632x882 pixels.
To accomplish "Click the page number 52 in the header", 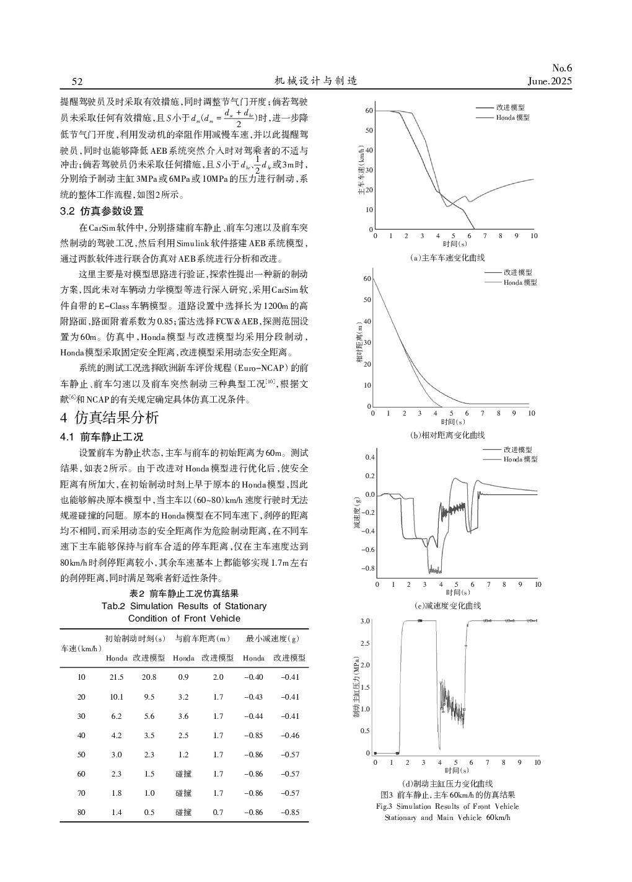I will [77, 81].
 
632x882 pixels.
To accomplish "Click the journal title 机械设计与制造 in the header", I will [316, 81].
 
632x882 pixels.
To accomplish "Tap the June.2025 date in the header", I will [550, 81].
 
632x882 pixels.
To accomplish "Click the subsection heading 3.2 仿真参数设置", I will [102, 211].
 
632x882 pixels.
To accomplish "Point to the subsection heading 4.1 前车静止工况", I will [102, 437].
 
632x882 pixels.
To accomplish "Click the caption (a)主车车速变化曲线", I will [449, 257].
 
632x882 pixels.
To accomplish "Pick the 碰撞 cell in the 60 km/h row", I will [183, 773].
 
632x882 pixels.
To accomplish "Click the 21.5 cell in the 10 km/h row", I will [116, 677].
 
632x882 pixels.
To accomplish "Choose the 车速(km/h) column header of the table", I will [81, 648].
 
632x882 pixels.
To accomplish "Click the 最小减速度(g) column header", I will [273, 638].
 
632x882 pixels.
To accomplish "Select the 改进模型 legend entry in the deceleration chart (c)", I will [517, 449].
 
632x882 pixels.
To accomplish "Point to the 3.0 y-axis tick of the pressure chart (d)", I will [366, 621].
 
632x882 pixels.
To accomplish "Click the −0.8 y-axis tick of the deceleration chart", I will [368, 568].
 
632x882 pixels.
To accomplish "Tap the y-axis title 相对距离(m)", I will [359, 342].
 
